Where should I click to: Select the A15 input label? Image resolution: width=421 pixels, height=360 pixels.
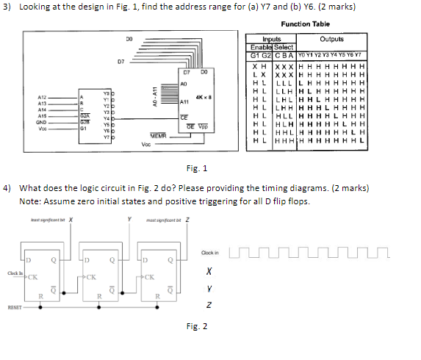point(43,115)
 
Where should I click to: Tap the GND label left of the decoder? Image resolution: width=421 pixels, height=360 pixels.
point(43,122)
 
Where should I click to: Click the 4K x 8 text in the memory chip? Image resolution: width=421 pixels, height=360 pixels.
point(204,96)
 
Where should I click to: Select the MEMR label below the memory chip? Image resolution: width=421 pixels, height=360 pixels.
point(159,135)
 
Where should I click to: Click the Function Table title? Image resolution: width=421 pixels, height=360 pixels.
point(305,24)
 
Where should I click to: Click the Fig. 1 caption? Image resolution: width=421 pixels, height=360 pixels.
point(197,168)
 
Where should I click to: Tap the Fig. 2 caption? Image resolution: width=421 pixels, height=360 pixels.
point(197,325)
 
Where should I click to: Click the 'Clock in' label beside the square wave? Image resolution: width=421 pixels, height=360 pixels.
point(209,253)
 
